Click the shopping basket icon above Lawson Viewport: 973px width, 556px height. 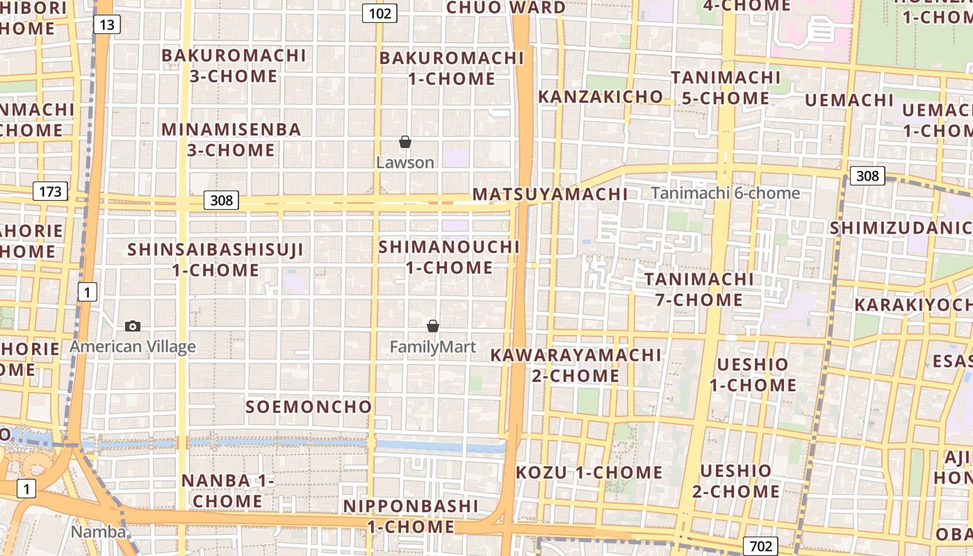click(x=405, y=142)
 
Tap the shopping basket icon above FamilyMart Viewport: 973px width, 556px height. click(x=433, y=325)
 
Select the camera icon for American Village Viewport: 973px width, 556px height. click(x=133, y=326)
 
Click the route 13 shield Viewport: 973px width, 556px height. click(x=106, y=25)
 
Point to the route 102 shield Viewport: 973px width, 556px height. click(x=379, y=13)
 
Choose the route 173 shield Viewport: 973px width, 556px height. click(x=50, y=191)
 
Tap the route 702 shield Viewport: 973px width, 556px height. click(x=760, y=546)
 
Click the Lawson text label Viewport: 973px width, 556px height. click(x=405, y=163)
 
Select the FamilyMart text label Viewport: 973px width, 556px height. click(x=433, y=346)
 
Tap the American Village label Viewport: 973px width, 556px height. click(x=133, y=346)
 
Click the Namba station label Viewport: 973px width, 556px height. click(x=99, y=532)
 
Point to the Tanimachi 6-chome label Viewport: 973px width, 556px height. click(x=726, y=193)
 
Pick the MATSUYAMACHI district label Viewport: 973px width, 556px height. click(x=550, y=194)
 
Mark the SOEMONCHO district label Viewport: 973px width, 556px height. click(x=309, y=407)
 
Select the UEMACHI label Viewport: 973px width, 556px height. click(x=849, y=100)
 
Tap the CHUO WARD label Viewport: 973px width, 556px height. click(x=506, y=8)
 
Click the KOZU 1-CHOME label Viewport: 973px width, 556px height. click(x=589, y=473)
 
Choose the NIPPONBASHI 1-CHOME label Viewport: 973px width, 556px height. click(x=411, y=516)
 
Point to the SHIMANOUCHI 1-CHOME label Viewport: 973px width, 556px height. click(x=449, y=257)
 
